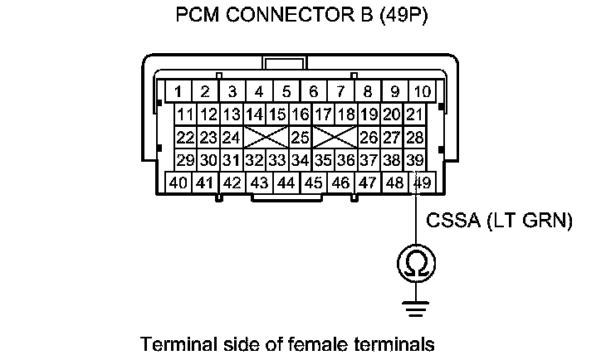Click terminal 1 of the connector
178,90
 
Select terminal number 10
422,90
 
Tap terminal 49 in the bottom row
422,182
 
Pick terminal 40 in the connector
178,182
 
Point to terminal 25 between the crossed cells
300,136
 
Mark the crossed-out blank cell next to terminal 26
335,136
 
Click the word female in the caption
329,343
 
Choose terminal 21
415,114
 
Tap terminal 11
185,114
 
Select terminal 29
185,159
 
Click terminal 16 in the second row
301,114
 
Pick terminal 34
301,159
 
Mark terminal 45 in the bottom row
314,182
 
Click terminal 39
415,159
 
